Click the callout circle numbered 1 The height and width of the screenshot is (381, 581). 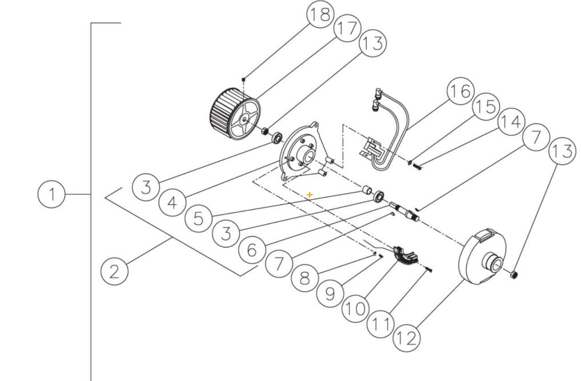point(52,195)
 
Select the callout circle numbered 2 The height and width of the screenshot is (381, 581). point(114,270)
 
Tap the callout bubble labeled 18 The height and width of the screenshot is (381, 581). point(320,15)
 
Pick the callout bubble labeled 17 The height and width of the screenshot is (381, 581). point(347,29)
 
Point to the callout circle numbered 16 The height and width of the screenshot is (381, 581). point(460,91)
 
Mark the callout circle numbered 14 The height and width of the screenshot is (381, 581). point(510,122)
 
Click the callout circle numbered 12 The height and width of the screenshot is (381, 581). point(406,338)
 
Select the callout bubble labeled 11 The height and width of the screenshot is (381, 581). point(380,324)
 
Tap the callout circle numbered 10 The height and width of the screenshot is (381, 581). point(355,309)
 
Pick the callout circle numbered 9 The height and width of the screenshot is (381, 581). point(330,294)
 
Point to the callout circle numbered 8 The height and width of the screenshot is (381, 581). point(304,278)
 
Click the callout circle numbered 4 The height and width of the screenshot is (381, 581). point(172,202)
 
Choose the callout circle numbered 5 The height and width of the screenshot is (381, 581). point(198,218)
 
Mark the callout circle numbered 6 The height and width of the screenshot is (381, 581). point(252,248)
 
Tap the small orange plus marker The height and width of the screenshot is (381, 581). point(310,195)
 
